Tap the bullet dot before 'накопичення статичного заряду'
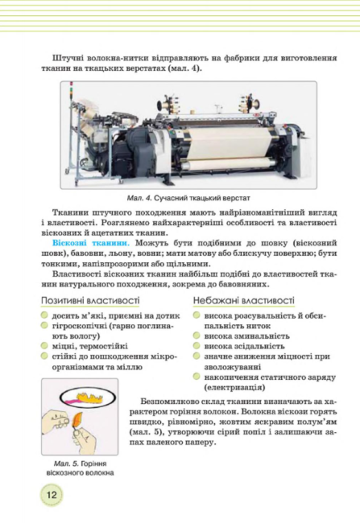click(197, 376)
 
